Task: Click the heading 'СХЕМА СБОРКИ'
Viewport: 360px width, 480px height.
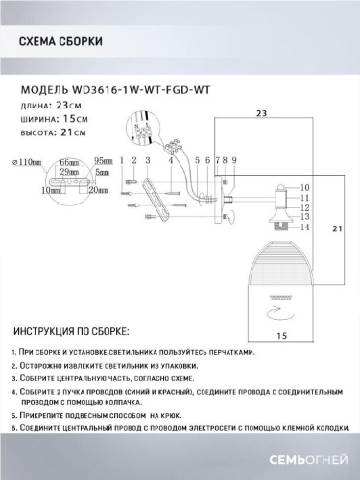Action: (x=61, y=41)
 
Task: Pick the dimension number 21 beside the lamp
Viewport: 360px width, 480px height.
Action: (x=335, y=229)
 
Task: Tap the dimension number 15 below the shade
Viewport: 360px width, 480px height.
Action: (x=282, y=336)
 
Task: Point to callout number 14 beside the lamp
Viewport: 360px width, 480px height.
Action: (x=306, y=228)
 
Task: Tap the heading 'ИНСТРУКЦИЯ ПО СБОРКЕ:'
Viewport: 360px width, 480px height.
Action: (x=73, y=331)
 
